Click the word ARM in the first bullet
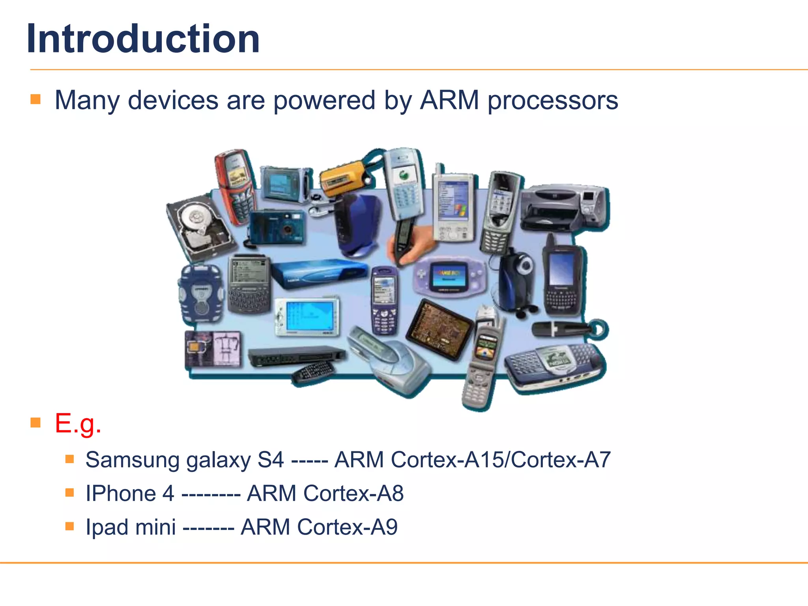[x=449, y=100]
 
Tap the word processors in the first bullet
[x=553, y=101]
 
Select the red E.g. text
[x=78, y=423]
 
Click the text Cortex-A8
[x=353, y=493]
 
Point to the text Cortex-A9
[x=347, y=527]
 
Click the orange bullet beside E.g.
[x=36, y=423]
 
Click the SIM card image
[x=213, y=349]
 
